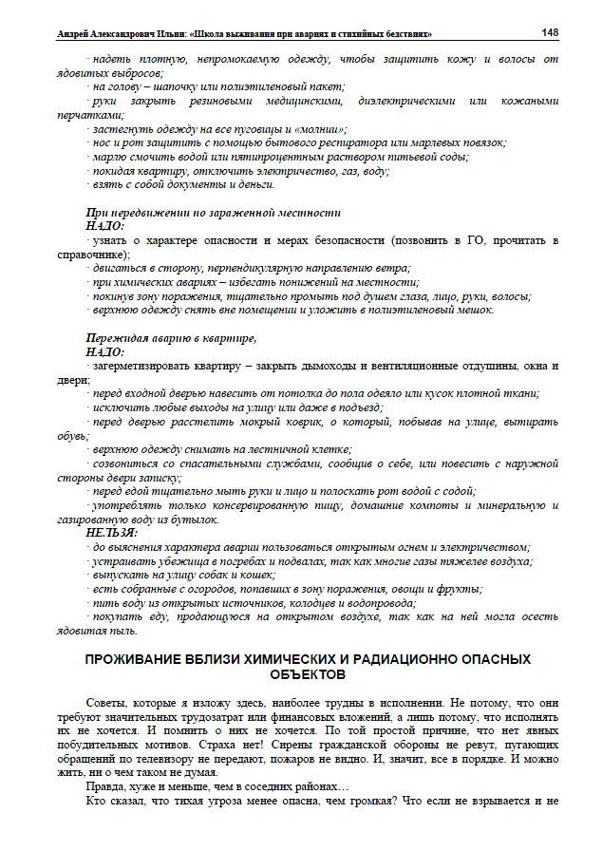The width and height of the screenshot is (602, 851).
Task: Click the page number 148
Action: click(x=549, y=32)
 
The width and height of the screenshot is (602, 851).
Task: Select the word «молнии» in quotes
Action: click(x=325, y=128)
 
